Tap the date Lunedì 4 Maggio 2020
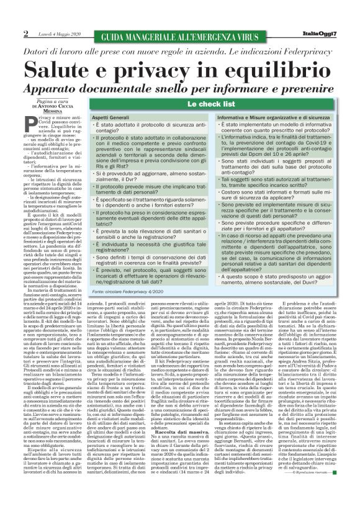[x=56, y=34]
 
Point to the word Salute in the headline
[x=73, y=68]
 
